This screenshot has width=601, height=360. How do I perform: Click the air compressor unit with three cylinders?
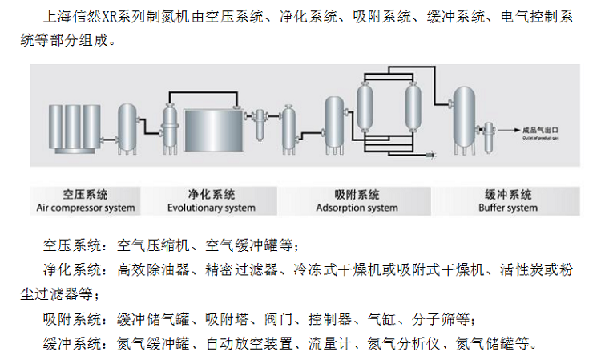pos(71,127)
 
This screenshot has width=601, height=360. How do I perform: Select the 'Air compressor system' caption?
pos(86,208)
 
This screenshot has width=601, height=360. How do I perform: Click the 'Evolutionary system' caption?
pos(212,208)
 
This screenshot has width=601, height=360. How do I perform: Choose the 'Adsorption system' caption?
pos(357,208)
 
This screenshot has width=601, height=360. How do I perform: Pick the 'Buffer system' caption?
pos(508,208)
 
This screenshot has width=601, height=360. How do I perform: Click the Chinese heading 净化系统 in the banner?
pos(212,195)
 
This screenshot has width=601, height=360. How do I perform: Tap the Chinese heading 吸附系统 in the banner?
pos(357,195)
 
